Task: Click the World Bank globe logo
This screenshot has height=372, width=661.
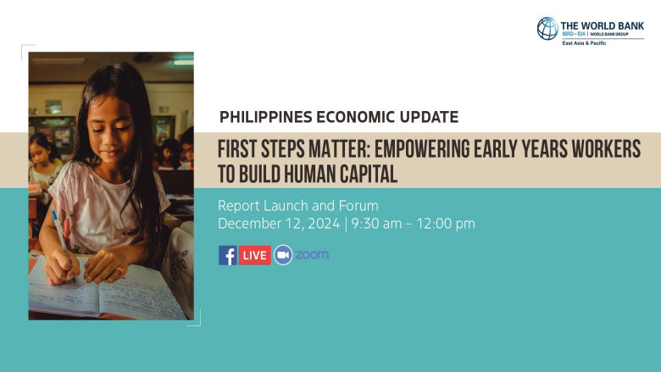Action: coord(547,28)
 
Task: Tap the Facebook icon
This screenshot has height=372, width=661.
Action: coord(228,255)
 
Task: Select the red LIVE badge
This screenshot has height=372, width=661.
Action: coord(254,255)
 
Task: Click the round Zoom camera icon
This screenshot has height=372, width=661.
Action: coord(283,255)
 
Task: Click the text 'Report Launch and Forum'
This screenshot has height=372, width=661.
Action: coord(297,206)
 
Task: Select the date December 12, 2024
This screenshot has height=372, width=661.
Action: coord(277,224)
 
